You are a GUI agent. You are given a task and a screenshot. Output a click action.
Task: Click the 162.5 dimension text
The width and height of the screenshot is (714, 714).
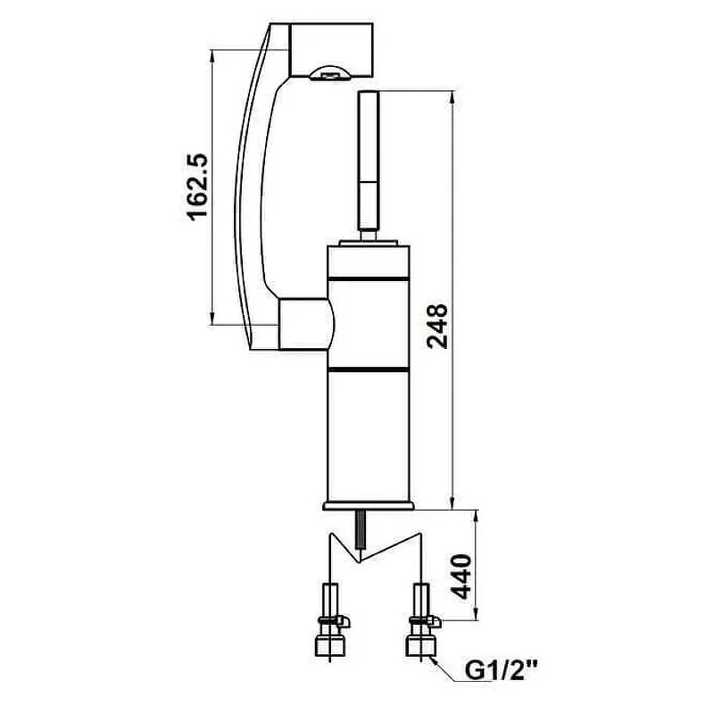(197, 187)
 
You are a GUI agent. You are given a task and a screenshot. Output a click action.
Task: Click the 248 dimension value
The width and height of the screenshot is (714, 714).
(437, 326)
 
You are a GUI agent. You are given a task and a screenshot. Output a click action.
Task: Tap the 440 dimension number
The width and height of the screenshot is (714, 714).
(461, 577)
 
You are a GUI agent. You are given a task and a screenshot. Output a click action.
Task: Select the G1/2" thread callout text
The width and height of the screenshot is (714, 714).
(501, 671)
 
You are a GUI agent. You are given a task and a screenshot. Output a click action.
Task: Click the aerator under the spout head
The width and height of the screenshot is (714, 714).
(329, 74)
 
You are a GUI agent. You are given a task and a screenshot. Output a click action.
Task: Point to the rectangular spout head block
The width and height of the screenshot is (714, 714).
(331, 50)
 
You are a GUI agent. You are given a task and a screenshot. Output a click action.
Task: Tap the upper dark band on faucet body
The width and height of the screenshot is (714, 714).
(368, 278)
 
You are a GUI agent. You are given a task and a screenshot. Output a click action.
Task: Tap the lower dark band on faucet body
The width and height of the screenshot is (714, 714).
(368, 369)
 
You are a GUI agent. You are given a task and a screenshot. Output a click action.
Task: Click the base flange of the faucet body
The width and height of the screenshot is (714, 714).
(369, 506)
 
